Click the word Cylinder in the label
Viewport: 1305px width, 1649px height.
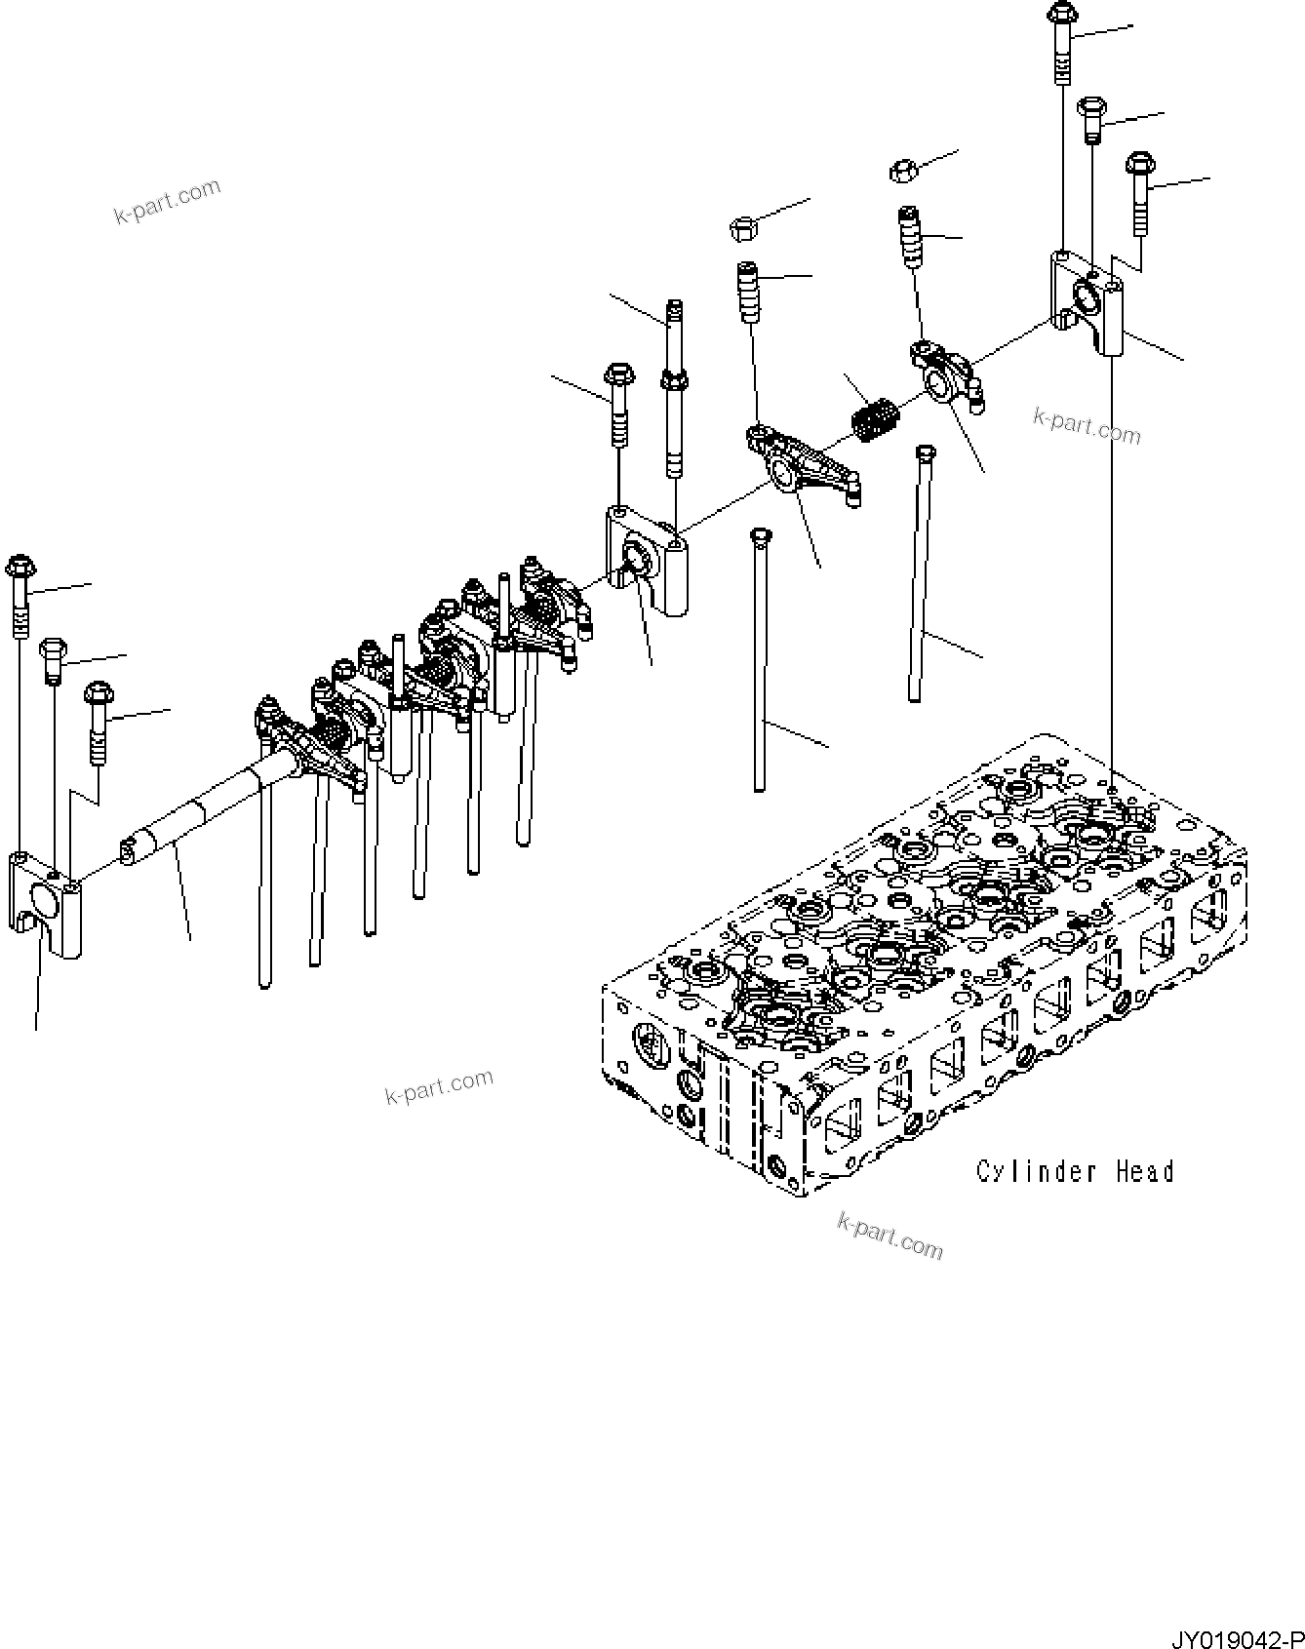[x=1037, y=1171]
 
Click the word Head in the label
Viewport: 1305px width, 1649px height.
[x=1144, y=1170]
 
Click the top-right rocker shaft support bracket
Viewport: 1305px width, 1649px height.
[x=1086, y=300]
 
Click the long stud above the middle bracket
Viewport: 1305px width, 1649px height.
[x=674, y=390]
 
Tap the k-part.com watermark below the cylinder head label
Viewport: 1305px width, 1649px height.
[x=890, y=1237]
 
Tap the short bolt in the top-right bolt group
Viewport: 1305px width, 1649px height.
[x=1091, y=119]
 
